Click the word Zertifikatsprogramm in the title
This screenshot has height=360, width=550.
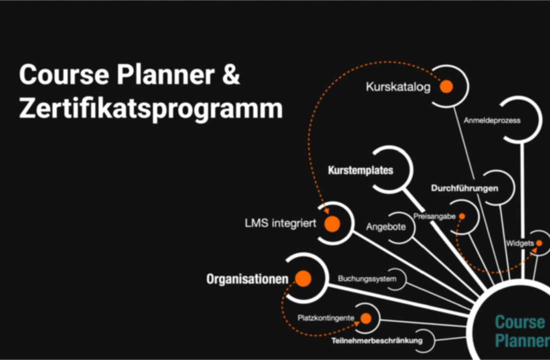tap(151, 109)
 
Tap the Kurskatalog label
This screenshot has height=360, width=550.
tap(398, 87)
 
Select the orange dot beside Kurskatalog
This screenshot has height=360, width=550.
tap(446, 86)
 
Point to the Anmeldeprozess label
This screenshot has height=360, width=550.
tap(492, 120)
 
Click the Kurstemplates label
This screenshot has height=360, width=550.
tap(360, 170)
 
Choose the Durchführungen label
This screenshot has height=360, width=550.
tap(464, 188)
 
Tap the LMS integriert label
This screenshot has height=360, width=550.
tap(280, 223)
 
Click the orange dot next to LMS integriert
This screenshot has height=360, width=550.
tap(332, 224)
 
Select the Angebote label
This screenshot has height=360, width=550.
tap(386, 226)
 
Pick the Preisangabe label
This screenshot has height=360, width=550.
tap(434, 216)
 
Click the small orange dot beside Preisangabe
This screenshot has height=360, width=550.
tap(462, 216)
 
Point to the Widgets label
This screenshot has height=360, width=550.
tap(520, 243)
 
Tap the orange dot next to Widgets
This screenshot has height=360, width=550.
tap(539, 243)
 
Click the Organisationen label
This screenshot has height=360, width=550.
tap(247, 279)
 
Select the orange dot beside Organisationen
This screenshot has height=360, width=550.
tap(303, 278)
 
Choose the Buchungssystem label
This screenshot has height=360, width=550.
tap(367, 279)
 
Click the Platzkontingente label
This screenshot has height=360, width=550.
tap(326, 318)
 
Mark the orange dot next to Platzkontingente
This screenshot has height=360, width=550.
tap(366, 318)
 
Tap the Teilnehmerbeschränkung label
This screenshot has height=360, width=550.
tap(377, 340)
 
